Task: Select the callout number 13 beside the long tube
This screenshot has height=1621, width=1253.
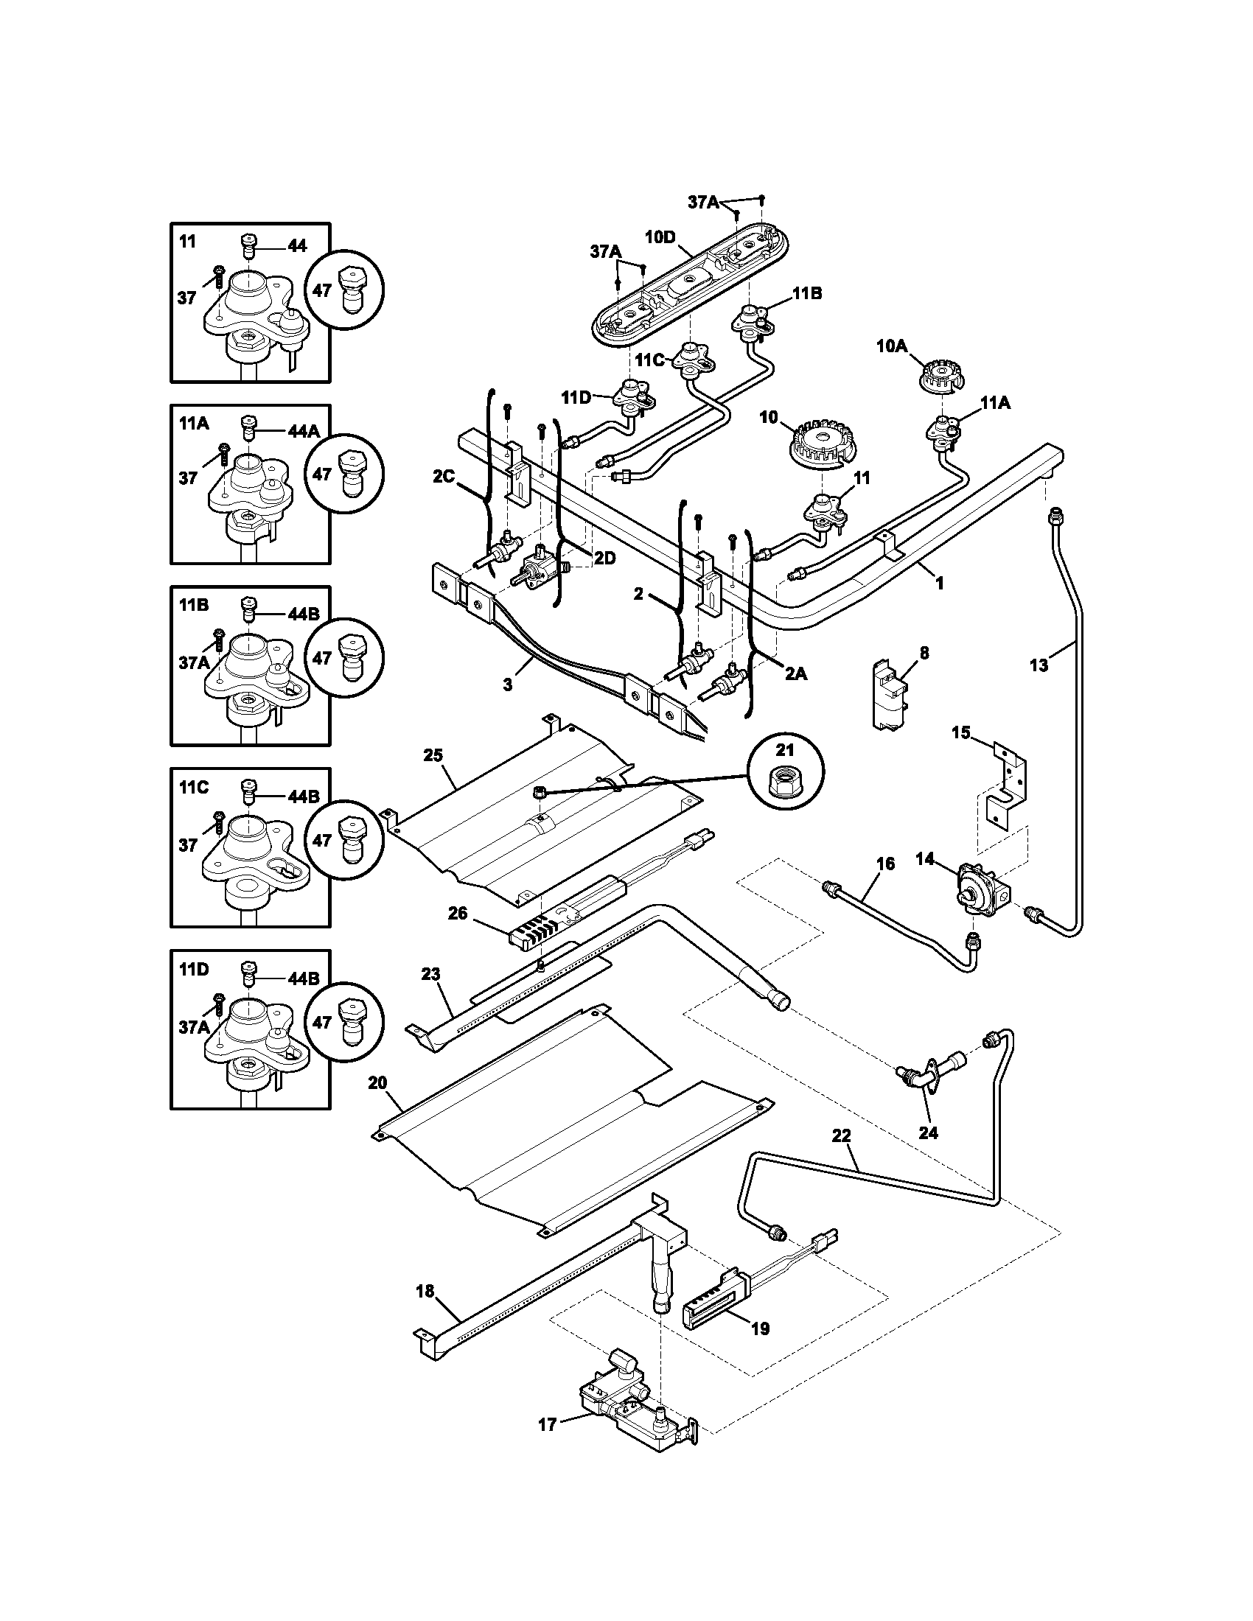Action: [x=1039, y=666]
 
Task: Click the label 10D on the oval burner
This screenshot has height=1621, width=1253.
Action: [x=659, y=237]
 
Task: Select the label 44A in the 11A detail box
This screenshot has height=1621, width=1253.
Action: [x=304, y=430]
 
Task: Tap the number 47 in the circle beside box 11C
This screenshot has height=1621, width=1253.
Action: [x=321, y=840]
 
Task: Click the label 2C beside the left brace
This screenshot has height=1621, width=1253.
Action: [x=444, y=477]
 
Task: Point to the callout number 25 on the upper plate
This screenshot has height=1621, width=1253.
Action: [x=433, y=755]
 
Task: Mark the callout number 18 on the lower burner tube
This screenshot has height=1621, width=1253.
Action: [x=425, y=1292]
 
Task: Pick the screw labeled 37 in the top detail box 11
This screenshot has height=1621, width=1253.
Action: [x=219, y=278]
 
